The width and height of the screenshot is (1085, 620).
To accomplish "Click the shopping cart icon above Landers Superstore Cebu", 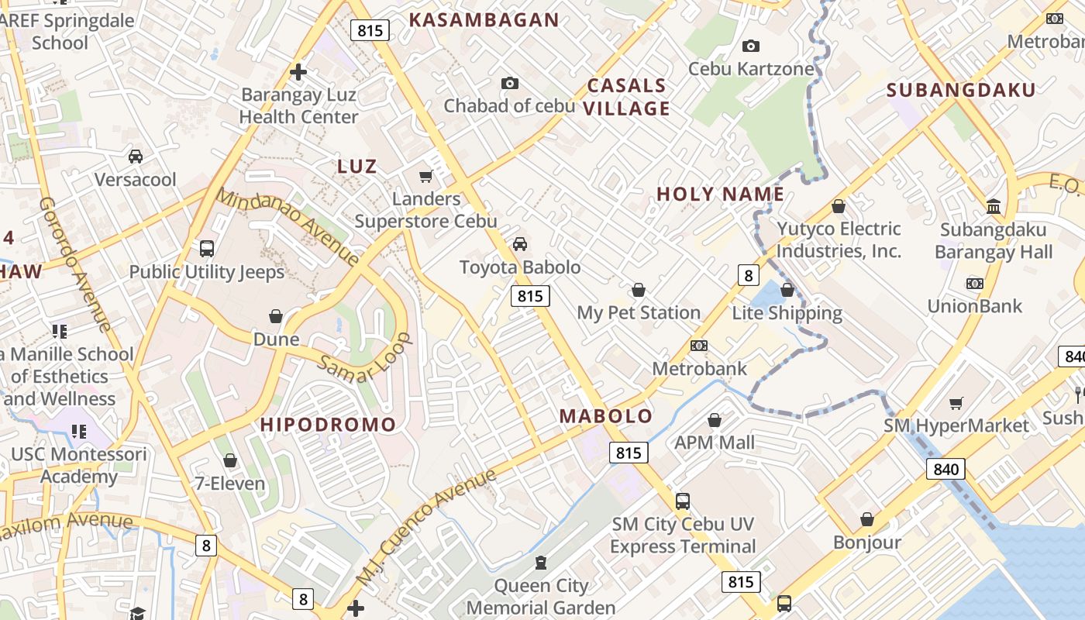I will point(425,177).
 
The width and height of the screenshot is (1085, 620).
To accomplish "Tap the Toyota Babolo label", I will point(519,267).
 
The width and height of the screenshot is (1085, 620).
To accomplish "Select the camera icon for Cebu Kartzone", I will point(750,46).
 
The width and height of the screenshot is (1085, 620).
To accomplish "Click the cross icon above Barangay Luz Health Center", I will point(298,73).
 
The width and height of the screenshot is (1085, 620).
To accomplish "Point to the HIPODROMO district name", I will point(328,425).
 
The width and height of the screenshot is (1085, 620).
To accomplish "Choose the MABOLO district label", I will point(606,416).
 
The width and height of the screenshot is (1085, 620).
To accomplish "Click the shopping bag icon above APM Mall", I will point(715,420).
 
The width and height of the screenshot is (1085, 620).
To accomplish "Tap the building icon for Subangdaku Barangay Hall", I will point(994,206).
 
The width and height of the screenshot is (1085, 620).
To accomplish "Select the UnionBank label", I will point(975,306).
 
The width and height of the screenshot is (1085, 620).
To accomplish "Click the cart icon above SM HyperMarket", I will point(956,403).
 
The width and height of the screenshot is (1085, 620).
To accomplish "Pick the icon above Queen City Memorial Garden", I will point(541,563).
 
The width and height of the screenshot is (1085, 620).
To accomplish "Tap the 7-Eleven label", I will point(229,484).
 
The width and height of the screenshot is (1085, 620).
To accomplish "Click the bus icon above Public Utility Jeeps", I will point(206,249).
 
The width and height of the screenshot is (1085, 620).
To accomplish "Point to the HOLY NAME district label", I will point(720,195).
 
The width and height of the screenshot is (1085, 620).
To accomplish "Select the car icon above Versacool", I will point(136,157).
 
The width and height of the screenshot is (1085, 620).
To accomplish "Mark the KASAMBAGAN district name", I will point(484,20).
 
